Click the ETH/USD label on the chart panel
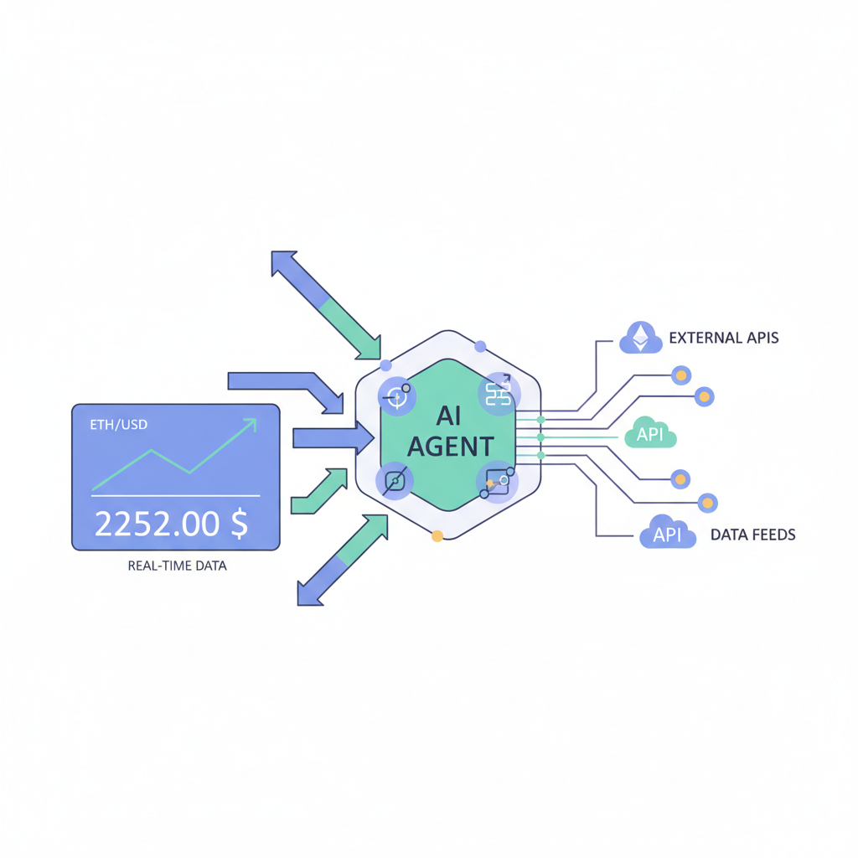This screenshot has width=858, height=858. [118, 425]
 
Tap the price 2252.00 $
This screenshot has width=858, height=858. [171, 524]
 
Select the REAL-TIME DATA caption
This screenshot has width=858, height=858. [177, 566]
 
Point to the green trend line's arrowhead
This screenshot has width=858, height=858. [249, 426]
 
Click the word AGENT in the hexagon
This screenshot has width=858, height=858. [450, 446]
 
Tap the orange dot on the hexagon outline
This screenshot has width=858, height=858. [437, 535]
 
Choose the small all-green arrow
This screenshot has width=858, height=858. [319, 491]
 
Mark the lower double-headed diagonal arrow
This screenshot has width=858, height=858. [343, 559]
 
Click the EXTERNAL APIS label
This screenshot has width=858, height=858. [724, 339]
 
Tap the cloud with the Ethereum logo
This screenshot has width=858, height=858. [640, 337]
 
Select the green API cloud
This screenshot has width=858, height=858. [650, 435]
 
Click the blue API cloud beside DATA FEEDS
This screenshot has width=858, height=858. [667, 534]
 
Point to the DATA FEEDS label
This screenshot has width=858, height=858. [752, 534]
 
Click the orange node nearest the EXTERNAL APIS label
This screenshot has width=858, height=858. [682, 374]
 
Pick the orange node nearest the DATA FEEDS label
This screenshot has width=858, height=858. [708, 503]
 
